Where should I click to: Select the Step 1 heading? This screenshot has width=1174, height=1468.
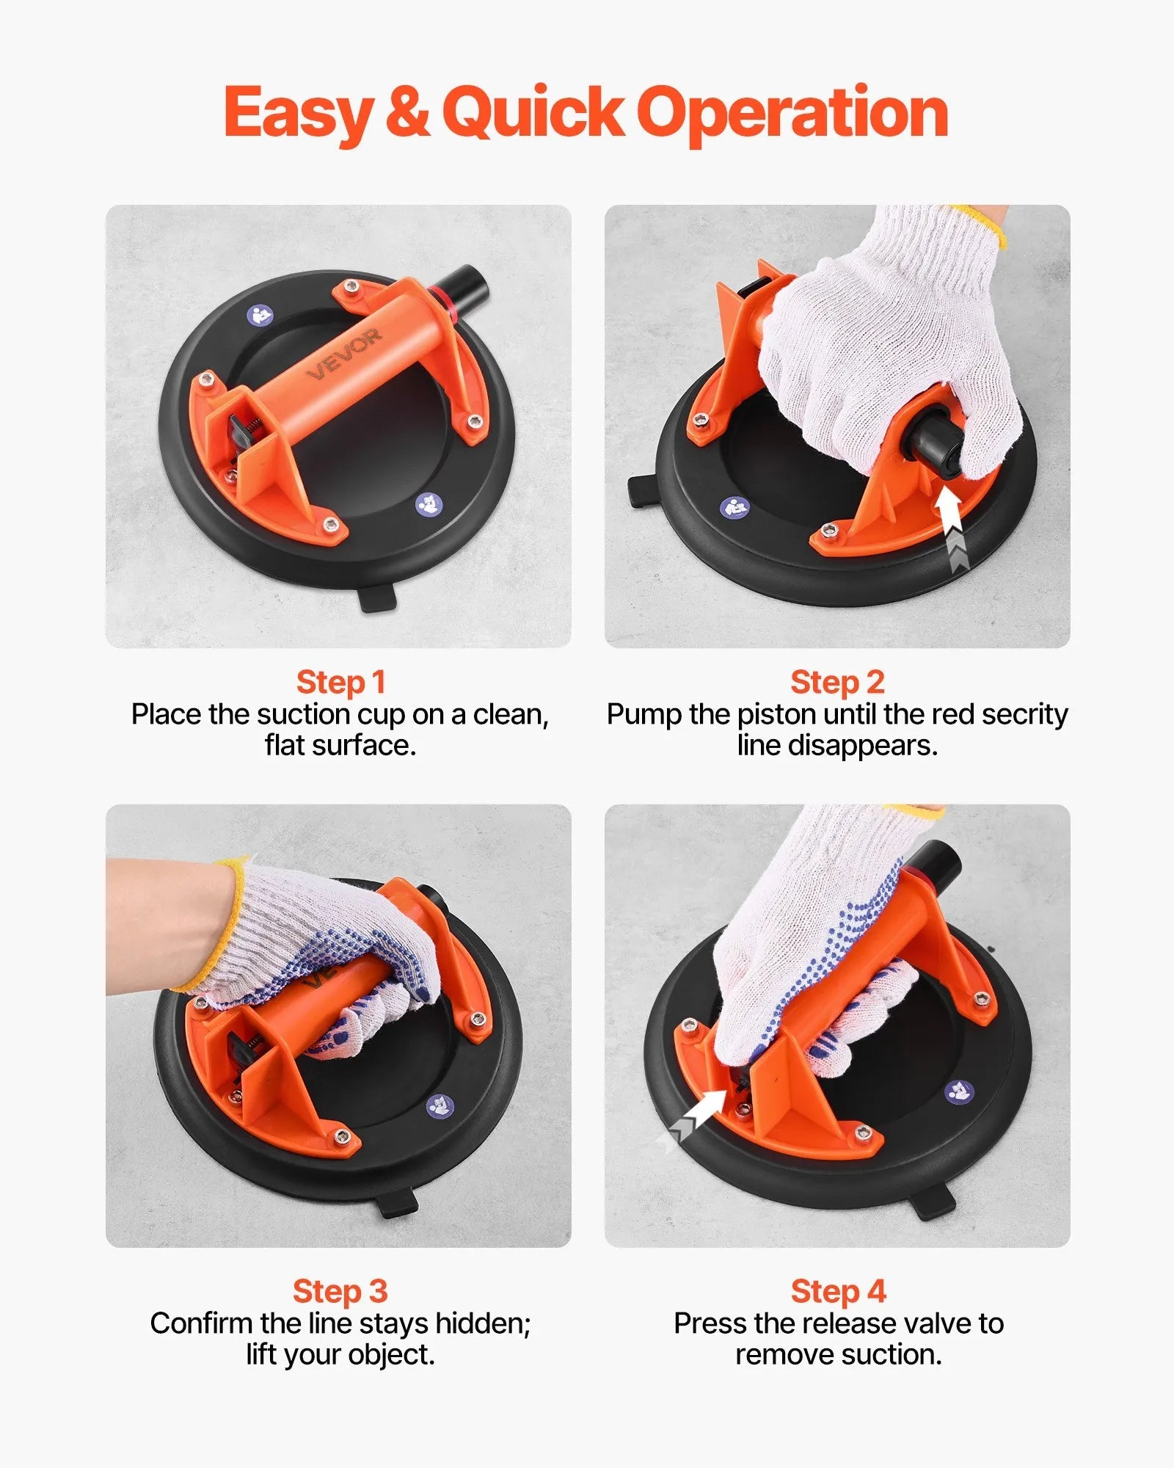click(340, 682)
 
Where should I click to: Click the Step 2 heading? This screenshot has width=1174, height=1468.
click(837, 682)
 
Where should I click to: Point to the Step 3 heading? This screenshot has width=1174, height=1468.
click(340, 1291)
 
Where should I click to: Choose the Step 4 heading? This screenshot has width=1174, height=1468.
click(838, 1291)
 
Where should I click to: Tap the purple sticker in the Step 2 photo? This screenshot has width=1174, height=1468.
click(734, 507)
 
